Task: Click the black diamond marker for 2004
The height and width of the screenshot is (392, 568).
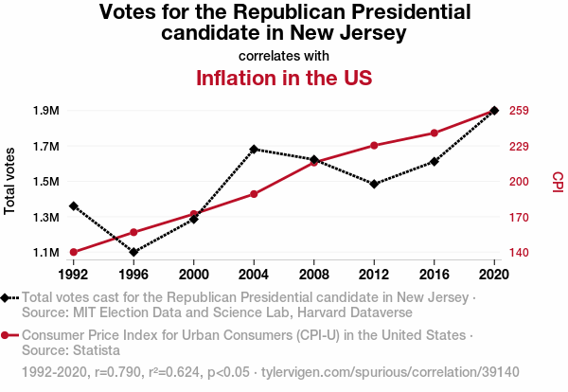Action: [x=254, y=150]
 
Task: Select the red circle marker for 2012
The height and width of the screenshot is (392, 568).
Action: [x=374, y=146]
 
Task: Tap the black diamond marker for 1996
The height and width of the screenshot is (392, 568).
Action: [x=133, y=252]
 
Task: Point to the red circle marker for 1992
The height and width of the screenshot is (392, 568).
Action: [x=74, y=252]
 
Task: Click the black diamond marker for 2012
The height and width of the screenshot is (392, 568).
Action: [x=374, y=184]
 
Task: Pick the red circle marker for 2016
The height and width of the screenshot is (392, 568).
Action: [x=435, y=134]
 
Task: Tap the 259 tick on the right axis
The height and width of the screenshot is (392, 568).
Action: [x=518, y=111]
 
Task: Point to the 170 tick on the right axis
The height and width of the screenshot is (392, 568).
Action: [x=518, y=218]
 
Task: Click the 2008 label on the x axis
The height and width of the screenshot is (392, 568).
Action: [x=314, y=275]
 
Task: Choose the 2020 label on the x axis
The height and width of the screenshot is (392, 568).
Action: [x=494, y=275]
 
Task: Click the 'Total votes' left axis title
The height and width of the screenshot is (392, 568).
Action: [x=10, y=181]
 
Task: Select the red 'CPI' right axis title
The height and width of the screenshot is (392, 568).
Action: [x=557, y=181]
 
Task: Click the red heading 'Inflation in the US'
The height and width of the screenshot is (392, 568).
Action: [x=284, y=78]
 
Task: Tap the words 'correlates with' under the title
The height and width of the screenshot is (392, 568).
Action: [x=284, y=56]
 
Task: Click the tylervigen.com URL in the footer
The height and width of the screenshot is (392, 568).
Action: [x=390, y=372]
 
